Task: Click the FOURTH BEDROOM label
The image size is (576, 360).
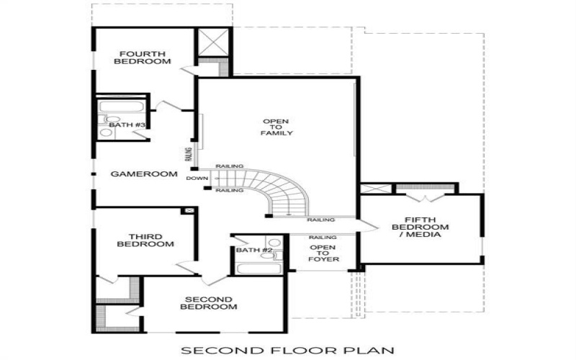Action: click(145, 58)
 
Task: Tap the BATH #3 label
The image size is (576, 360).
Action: click(127, 125)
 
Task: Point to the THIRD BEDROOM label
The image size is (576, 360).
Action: click(150, 240)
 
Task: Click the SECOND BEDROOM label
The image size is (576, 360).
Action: click(208, 303)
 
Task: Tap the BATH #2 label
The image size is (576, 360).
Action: click(254, 251)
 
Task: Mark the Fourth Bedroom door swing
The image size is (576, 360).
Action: click(187, 69)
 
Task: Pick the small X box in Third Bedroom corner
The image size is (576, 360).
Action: click(189, 210)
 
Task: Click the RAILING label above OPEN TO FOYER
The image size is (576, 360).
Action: click(323, 237)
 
